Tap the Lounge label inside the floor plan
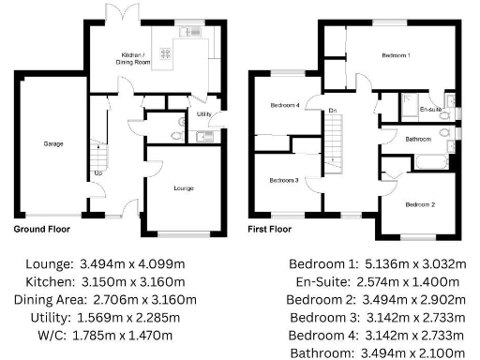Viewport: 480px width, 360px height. (184, 188)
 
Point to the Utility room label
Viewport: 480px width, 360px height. (203, 114)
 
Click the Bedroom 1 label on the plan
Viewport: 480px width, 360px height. (396, 55)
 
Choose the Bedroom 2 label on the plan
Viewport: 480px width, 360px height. (419, 203)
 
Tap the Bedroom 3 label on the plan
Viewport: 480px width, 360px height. (284, 180)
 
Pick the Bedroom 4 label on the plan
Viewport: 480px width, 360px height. (285, 105)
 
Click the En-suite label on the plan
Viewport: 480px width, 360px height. (430, 110)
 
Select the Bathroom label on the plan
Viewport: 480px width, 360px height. (418, 140)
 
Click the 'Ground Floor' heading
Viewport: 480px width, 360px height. (41, 228)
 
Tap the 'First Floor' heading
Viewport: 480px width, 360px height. (268, 228)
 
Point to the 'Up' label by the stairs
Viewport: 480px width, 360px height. (98, 172)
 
